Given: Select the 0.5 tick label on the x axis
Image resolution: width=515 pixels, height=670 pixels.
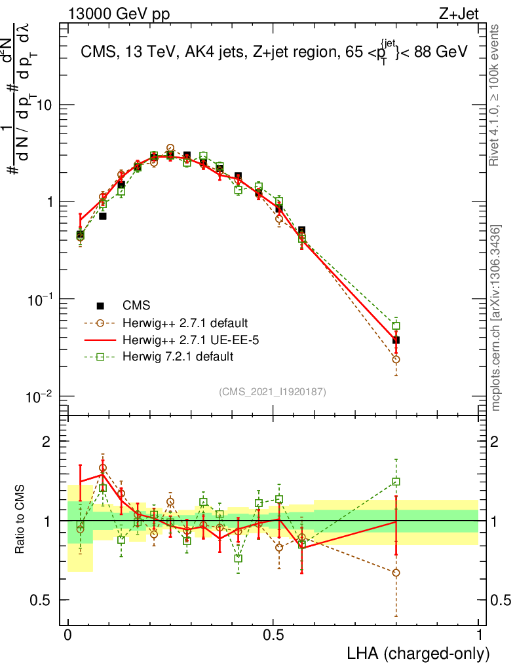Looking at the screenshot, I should point(273,635).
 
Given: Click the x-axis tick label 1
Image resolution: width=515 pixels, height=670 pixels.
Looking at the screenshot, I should point(479,635).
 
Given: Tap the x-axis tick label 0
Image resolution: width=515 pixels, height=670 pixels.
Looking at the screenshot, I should point(68,635).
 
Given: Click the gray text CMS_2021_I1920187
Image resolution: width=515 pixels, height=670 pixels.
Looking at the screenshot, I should point(273,391).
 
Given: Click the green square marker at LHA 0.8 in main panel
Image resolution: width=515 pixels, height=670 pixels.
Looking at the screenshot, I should point(396,326).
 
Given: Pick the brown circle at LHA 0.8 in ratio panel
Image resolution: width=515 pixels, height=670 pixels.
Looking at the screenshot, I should point(396,573).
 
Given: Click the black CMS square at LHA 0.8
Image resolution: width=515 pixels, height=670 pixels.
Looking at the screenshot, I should point(396,340).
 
